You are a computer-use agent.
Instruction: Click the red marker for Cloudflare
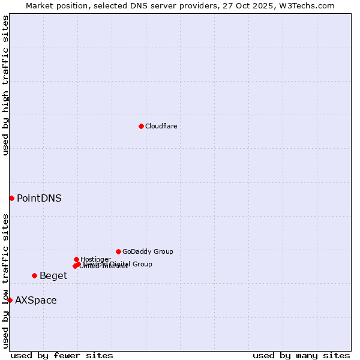[x=141, y=126]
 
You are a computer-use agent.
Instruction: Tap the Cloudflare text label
[x=161, y=126]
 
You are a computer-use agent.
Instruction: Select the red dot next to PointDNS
[x=11, y=198]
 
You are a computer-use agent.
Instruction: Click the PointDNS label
[x=39, y=198]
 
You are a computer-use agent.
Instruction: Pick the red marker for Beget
[x=34, y=275]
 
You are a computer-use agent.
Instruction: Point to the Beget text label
[x=53, y=275]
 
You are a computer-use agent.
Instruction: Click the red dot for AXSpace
[x=10, y=300]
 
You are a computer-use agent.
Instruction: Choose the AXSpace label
[x=36, y=300]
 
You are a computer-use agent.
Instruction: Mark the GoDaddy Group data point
[x=118, y=251]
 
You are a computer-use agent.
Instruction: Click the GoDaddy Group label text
[x=148, y=251]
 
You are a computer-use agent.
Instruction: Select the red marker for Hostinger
[x=76, y=259]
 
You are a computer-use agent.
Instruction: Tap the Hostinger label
[x=95, y=259]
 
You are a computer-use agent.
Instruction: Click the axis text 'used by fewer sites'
[x=62, y=355]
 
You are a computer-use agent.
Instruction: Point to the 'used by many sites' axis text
[x=301, y=355]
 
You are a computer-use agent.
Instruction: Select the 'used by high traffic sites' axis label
[x=5, y=85]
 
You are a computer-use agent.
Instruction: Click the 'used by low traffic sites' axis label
[x=5, y=281]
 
